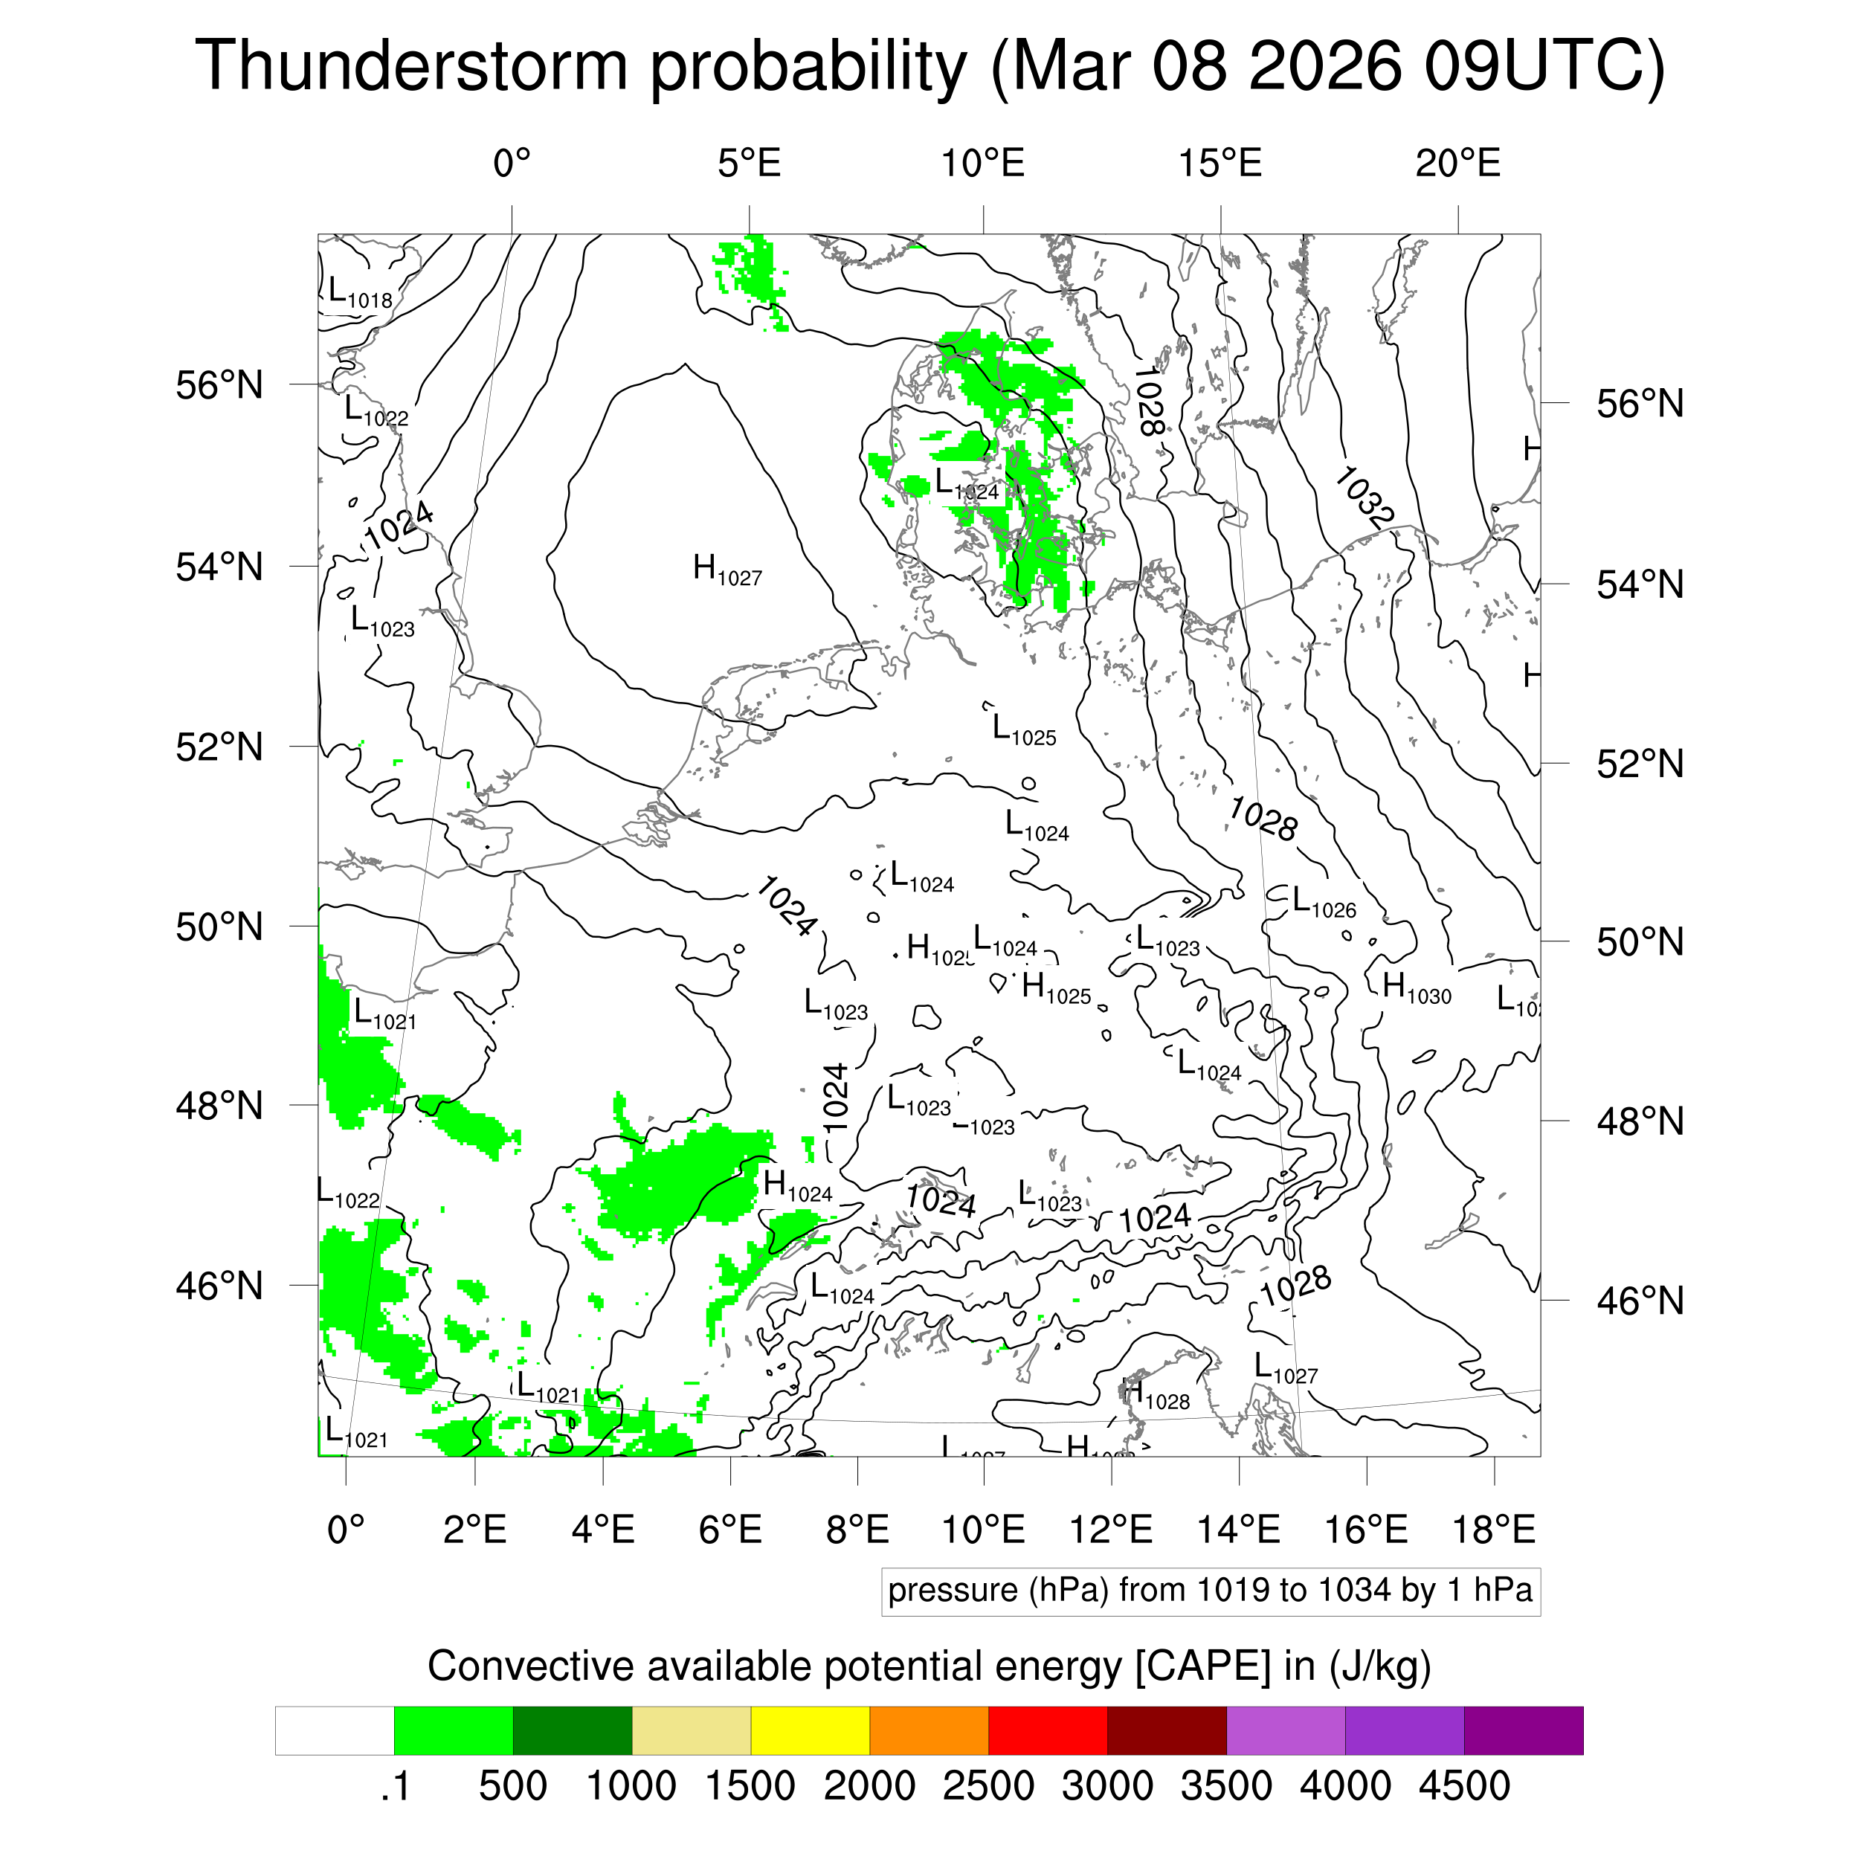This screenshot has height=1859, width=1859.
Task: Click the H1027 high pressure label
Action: click(726, 570)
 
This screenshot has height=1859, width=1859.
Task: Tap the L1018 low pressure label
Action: click(360, 292)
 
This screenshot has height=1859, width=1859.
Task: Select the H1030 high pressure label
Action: click(1415, 988)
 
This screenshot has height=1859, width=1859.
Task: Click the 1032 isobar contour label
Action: click(1364, 497)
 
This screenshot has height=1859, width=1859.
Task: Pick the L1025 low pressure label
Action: click(1024, 730)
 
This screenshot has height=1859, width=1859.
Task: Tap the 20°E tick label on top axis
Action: click(1457, 164)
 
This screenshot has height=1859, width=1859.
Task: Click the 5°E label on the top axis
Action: click(750, 164)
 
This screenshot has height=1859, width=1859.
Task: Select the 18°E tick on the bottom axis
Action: click(1493, 1529)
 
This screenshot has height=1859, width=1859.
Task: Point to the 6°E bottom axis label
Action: click(730, 1529)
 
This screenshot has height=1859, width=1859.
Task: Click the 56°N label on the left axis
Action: click(219, 386)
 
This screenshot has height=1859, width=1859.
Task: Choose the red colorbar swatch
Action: click(1048, 1731)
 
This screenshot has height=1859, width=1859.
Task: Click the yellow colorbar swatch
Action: click(811, 1731)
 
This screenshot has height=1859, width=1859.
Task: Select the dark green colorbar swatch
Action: click(573, 1731)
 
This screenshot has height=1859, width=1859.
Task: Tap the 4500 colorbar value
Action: click(1463, 1787)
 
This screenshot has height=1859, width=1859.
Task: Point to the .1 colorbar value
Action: click(396, 1787)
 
